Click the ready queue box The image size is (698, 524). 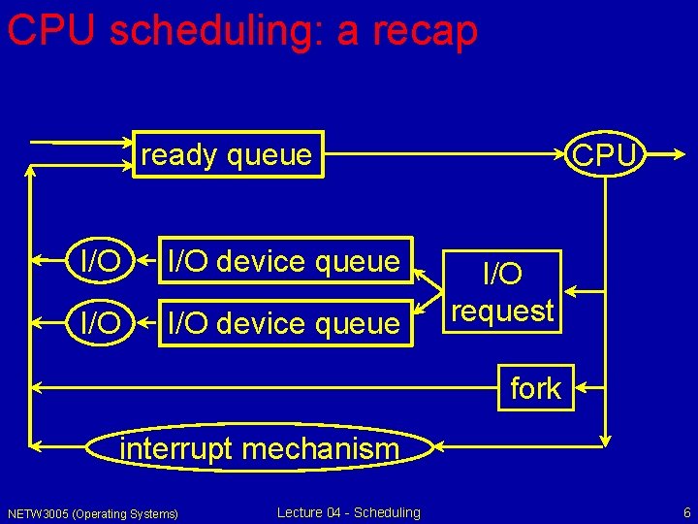click(x=228, y=154)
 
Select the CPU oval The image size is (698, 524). click(x=605, y=155)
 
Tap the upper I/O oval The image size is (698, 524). click(x=101, y=260)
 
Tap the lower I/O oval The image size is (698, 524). click(x=101, y=322)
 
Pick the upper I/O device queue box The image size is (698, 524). click(x=284, y=260)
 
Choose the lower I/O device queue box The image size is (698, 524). click(x=284, y=322)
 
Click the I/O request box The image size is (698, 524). click(x=502, y=292)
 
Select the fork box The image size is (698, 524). click(x=535, y=388)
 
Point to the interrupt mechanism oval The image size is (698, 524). click(x=259, y=448)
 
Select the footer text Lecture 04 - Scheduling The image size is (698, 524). click(x=348, y=512)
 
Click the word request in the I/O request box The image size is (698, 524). click(x=502, y=311)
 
